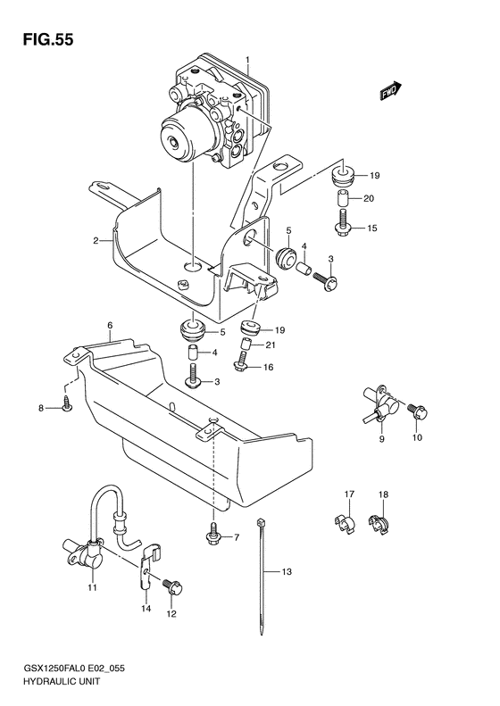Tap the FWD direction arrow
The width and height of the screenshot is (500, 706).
[389, 89]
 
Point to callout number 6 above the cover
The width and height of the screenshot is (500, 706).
[108, 327]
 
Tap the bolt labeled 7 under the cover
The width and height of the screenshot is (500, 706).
[212, 536]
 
